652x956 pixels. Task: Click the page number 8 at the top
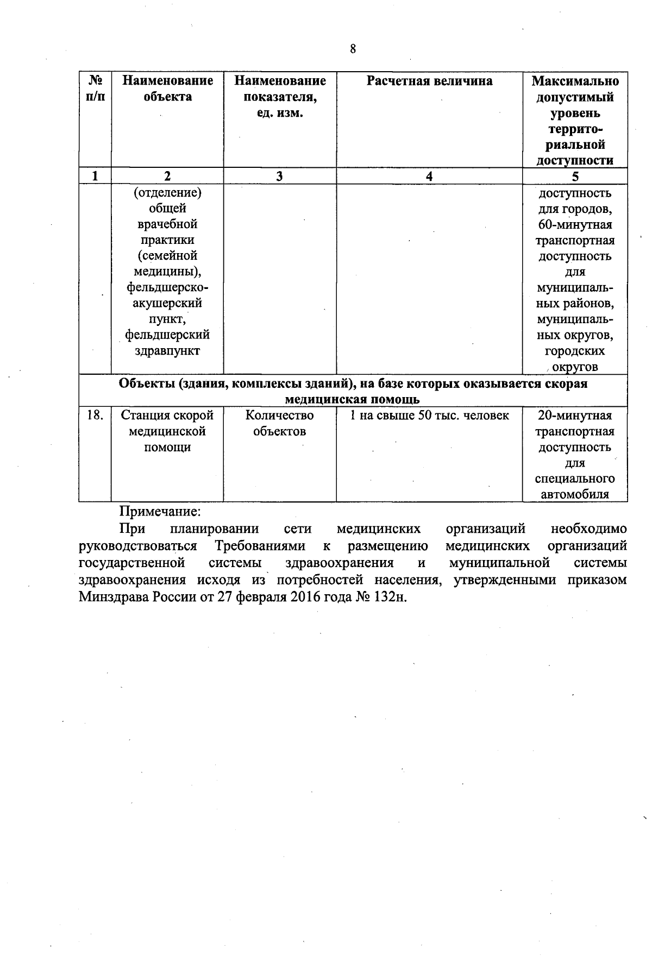coord(353,49)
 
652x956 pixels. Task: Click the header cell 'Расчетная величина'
coord(429,81)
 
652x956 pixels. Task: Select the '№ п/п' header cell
coord(96,89)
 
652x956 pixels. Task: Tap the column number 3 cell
coord(279,176)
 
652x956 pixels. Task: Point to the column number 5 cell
coord(575,176)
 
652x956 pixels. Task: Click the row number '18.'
coord(95,416)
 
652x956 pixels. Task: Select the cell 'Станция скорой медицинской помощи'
coord(167,431)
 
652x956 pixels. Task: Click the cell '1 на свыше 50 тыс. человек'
coord(429,416)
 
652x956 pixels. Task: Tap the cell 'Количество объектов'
coord(279,423)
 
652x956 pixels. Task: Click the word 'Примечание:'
coord(160,512)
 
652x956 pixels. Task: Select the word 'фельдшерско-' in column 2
coord(167,287)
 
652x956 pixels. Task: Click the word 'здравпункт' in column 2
coord(167,351)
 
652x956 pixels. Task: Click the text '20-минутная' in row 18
coord(575,416)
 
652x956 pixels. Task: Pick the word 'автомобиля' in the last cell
coord(575,494)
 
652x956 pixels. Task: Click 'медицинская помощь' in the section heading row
coord(353,400)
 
